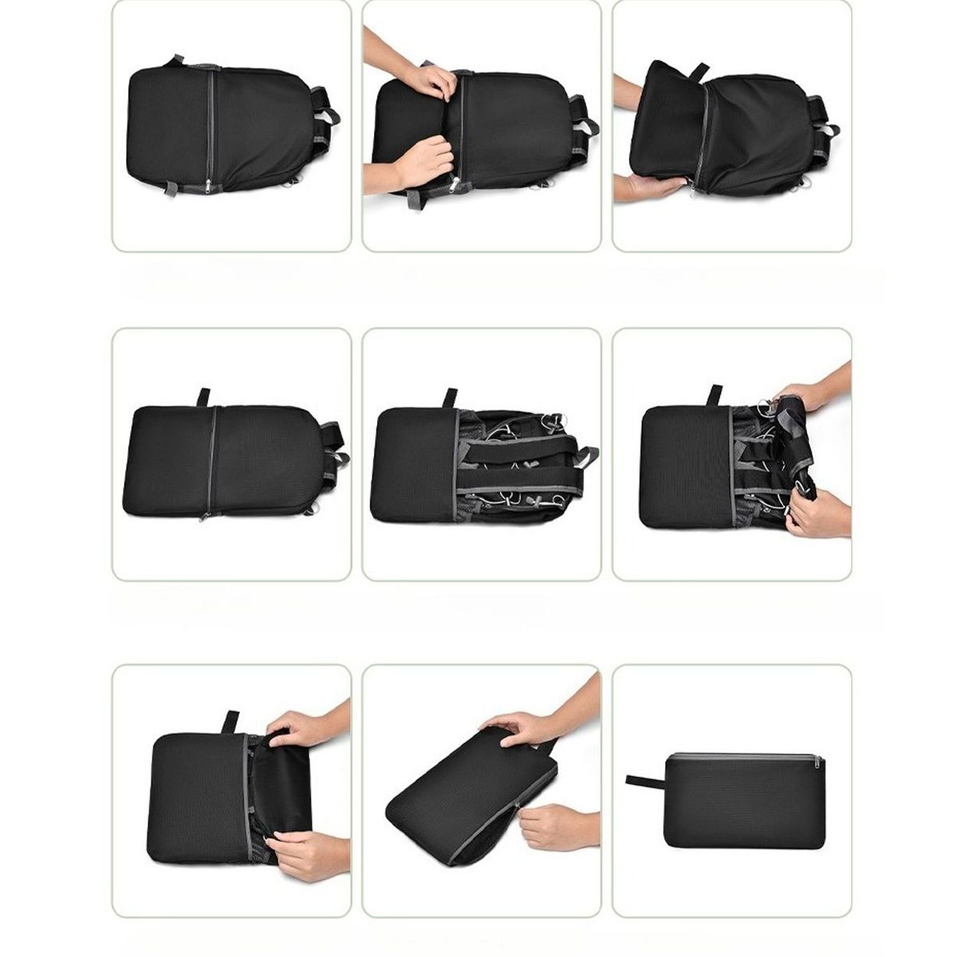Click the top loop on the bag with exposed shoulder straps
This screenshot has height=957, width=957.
451,397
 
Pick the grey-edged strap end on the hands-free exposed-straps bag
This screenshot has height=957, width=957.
587,458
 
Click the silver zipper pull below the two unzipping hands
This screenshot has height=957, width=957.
455,185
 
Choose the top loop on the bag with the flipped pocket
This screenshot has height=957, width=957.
700,72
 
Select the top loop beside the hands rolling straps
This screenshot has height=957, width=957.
715,395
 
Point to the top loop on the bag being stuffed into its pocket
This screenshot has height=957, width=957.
231,720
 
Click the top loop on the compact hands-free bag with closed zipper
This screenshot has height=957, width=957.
203,396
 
